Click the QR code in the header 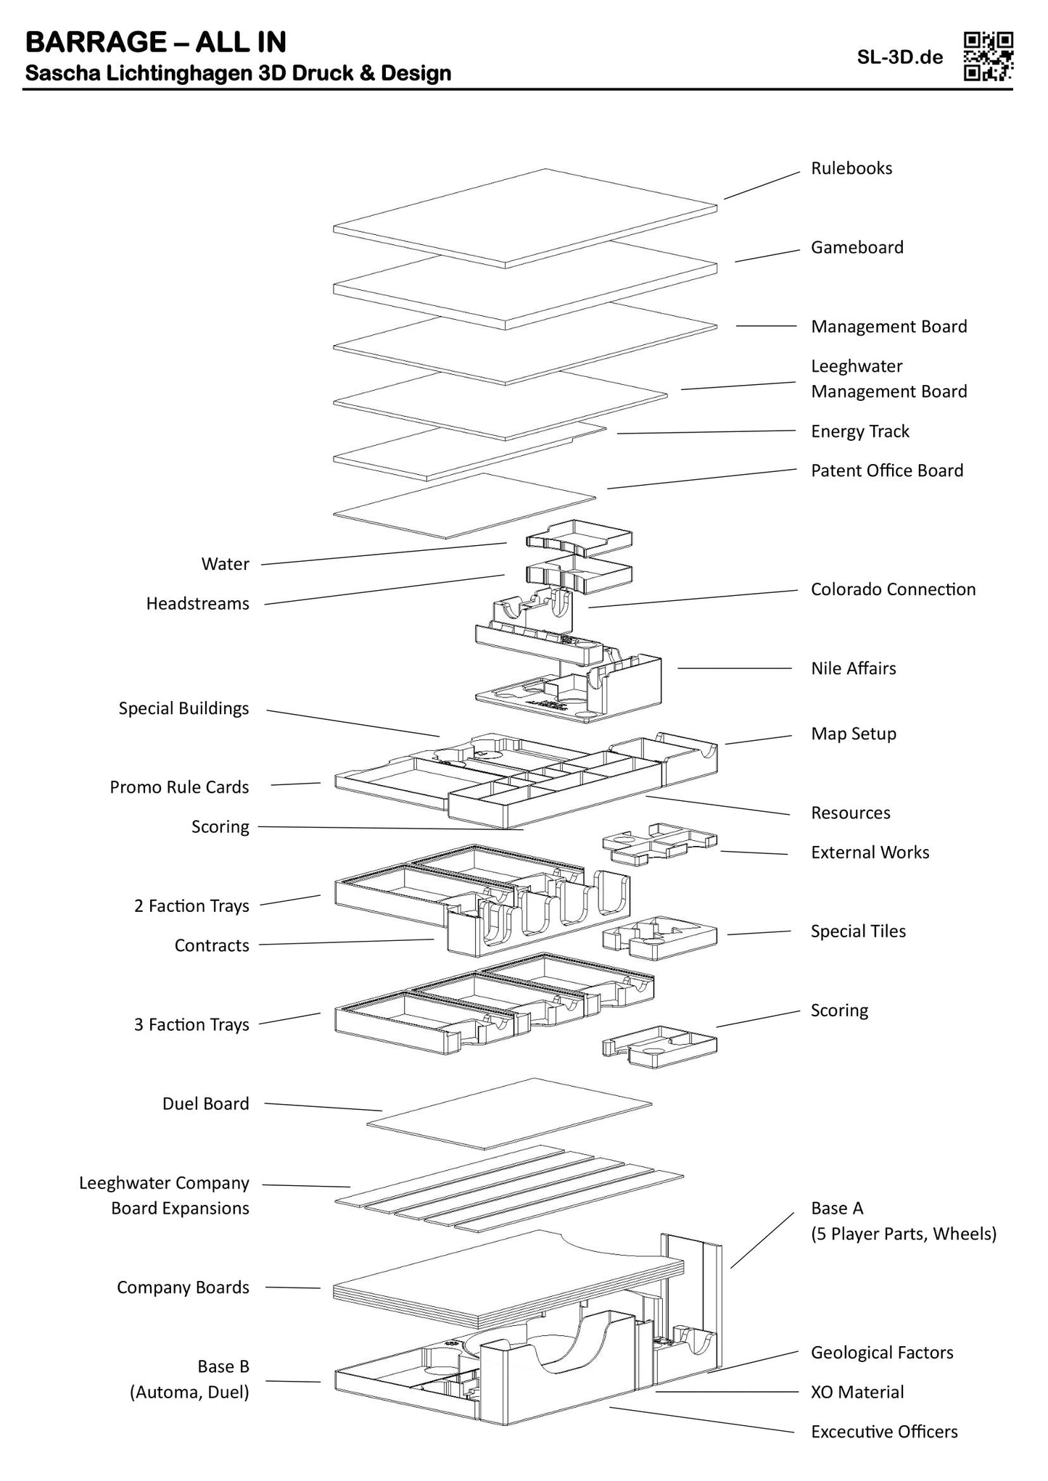[988, 56]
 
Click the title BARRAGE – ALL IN [156, 43]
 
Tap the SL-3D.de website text [900, 58]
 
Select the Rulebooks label [851, 168]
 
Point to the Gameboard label [857, 247]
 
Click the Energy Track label [859, 431]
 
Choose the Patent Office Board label [886, 470]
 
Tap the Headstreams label [197, 604]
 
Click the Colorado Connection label [893, 589]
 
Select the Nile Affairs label [853, 668]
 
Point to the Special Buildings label [183, 708]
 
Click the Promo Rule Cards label [179, 787]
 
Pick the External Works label [870, 852]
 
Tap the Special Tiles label [858, 932]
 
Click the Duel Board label [205, 1103]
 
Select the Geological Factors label [882, 1353]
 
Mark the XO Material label [857, 1393]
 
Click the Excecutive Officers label [884, 1432]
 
